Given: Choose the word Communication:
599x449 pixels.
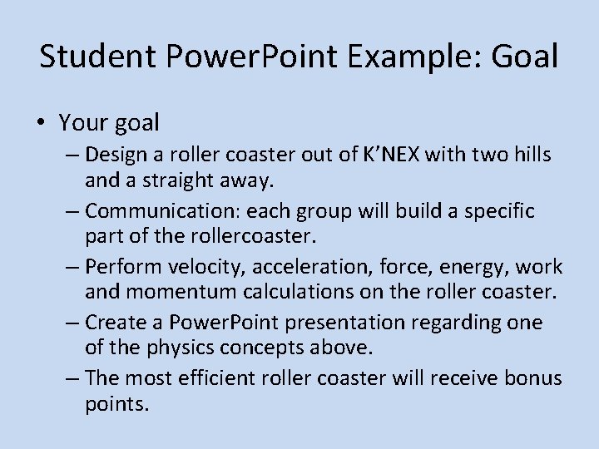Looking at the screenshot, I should [166, 210].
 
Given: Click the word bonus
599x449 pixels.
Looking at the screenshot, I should [534, 378].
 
